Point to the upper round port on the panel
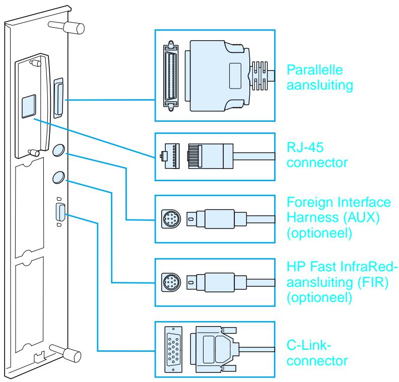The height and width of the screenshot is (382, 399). coord(59,149)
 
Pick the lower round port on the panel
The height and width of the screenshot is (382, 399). coord(59,177)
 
